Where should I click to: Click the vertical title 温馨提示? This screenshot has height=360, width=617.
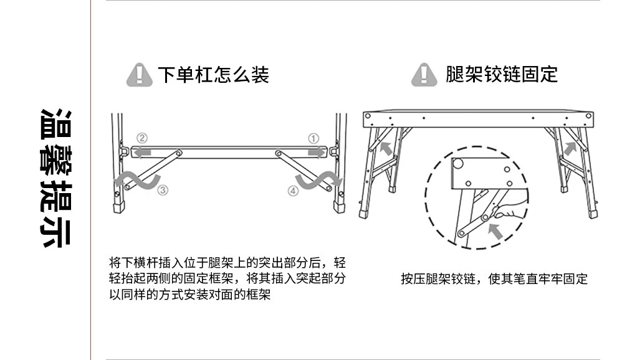(x=55, y=178)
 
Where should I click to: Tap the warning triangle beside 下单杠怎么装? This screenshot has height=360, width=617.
(x=139, y=75)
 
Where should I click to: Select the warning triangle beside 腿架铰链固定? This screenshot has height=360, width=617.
(x=424, y=75)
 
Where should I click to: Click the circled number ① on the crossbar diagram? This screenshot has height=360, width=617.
(x=313, y=138)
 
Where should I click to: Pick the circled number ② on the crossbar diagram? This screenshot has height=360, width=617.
(x=142, y=138)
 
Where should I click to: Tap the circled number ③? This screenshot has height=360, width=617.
(x=163, y=191)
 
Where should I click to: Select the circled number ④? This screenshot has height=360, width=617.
(x=293, y=191)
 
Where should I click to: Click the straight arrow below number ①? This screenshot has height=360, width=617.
(x=316, y=151)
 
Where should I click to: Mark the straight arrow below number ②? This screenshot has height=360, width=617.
(x=143, y=151)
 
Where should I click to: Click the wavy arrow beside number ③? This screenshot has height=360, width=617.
(x=136, y=179)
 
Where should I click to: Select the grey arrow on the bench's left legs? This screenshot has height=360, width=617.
(x=387, y=148)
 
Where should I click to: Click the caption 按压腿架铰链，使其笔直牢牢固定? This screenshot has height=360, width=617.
(x=494, y=279)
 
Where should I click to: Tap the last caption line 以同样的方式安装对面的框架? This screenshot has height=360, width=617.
(x=189, y=295)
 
